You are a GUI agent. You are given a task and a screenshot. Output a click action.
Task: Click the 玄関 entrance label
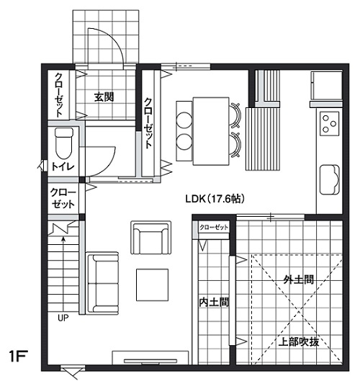click(104, 97)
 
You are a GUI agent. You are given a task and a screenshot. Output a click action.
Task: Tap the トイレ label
click(63, 166)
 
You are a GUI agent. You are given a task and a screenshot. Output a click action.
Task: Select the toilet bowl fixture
click(64, 143)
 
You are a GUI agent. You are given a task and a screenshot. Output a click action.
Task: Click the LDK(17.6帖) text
click(215, 199)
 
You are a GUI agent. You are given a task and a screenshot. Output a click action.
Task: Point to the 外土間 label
click(299, 280)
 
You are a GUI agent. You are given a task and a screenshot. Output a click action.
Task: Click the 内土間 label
click(214, 302)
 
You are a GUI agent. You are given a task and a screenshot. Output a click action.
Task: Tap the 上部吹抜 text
click(299, 342)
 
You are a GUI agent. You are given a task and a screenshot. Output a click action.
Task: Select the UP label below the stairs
click(63, 318)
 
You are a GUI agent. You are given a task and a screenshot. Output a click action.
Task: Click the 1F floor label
click(19, 357)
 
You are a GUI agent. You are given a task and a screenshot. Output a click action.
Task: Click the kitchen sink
click(330, 179)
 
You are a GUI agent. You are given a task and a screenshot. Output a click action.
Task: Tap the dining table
click(211, 131)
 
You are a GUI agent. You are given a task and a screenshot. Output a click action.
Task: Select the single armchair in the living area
click(151, 238)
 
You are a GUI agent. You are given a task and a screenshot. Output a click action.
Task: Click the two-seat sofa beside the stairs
click(102, 283)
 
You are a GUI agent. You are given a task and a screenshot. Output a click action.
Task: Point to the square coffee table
click(153, 285)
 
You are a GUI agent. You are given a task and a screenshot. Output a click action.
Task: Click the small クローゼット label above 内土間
click(214, 227)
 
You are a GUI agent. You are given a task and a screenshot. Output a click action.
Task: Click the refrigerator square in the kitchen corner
click(326, 86)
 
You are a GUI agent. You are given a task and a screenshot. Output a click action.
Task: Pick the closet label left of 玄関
click(59, 94)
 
